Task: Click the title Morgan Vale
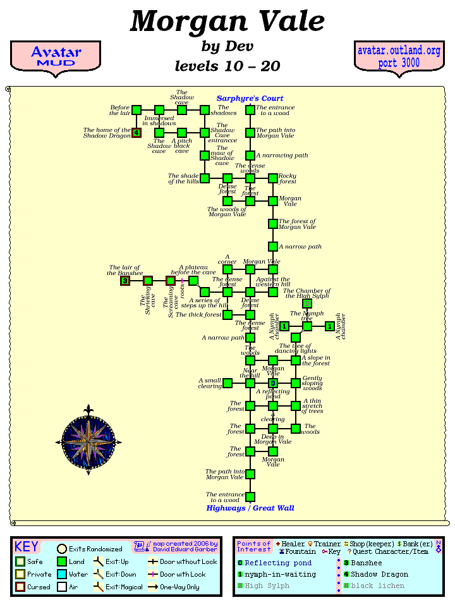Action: click(x=227, y=21)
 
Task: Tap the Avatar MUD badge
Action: click(x=56, y=56)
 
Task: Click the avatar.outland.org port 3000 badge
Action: click(x=399, y=56)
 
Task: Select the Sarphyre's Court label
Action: click(x=250, y=99)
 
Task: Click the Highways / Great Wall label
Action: click(x=250, y=508)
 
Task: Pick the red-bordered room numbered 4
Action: click(x=136, y=133)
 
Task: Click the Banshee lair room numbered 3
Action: click(x=125, y=281)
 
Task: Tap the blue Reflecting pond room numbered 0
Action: click(x=273, y=383)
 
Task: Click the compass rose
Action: click(x=88, y=438)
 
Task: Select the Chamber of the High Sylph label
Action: click(x=308, y=293)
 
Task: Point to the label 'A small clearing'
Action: click(x=210, y=383)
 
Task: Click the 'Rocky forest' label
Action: click(x=288, y=179)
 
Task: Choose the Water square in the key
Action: click(x=61, y=574)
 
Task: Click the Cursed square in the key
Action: click(x=20, y=587)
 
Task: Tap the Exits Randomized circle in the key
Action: click(x=62, y=549)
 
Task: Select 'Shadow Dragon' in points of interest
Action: click(x=379, y=574)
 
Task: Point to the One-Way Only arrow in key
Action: click(x=154, y=587)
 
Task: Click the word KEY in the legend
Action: click(x=27, y=547)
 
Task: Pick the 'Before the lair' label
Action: click(x=120, y=110)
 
